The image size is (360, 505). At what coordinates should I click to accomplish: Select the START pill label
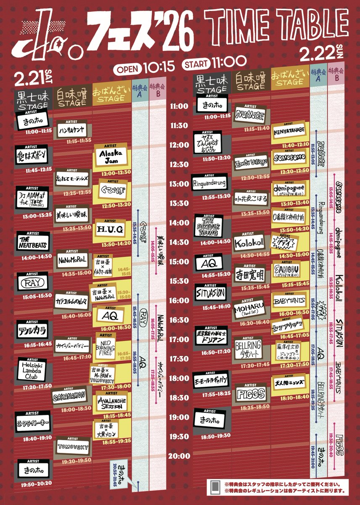coord(196,64)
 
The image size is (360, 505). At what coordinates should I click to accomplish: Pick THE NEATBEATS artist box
coord(33,242)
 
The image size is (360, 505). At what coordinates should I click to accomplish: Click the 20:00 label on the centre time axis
coord(180,456)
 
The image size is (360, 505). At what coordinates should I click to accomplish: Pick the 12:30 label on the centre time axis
coord(180,165)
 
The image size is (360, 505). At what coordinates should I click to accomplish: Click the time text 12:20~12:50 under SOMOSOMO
coord(289,172)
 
